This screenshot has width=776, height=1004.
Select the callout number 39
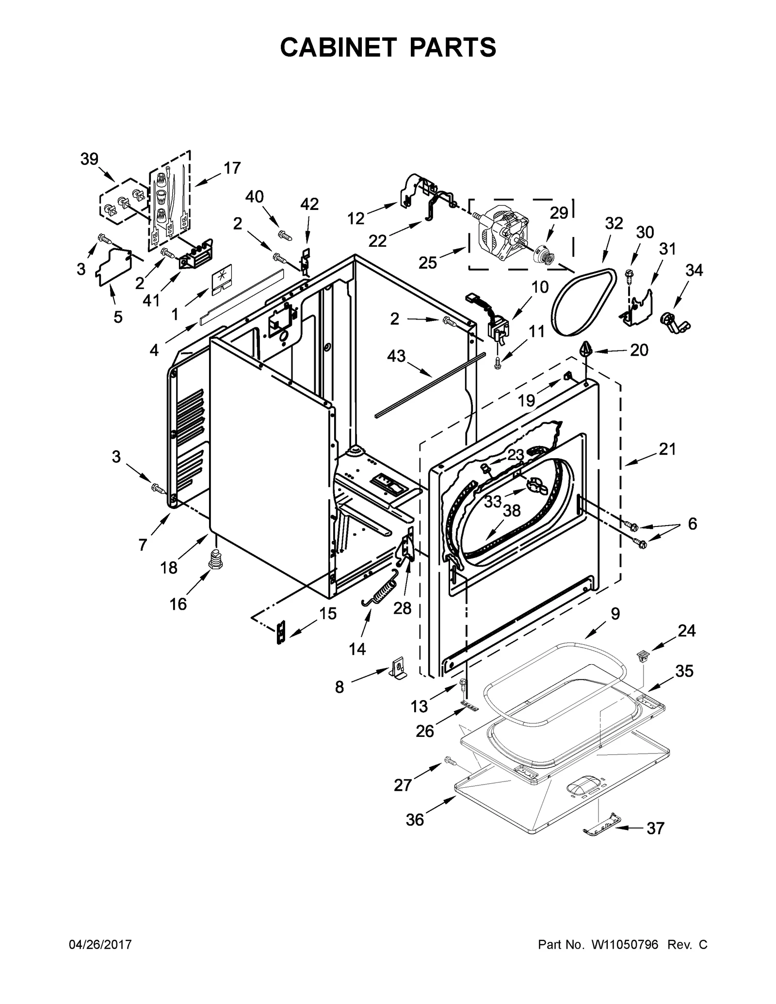coord(89,159)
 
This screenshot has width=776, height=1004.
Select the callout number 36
coord(415,820)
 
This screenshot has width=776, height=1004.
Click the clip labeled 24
coord(643,657)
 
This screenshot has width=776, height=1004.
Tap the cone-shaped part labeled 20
coord(586,349)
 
